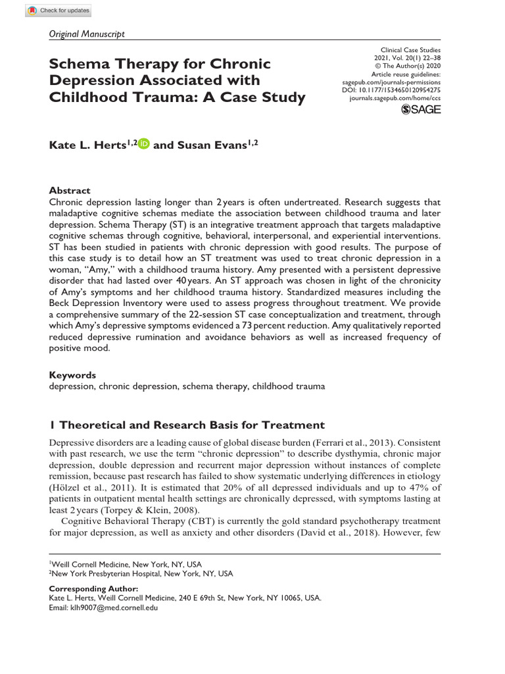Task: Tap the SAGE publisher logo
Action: click(421, 109)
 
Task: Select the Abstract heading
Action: click(70, 190)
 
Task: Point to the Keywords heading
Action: click(72, 375)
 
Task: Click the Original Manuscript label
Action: click(87, 34)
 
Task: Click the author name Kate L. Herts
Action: click(87, 145)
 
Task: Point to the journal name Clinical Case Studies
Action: click(411, 50)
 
